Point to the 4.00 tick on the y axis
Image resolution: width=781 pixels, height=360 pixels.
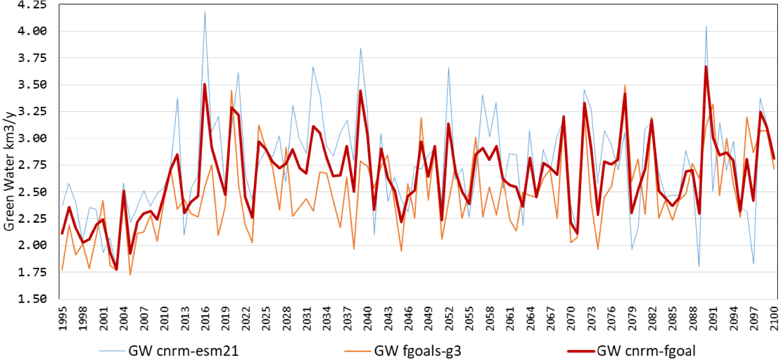[x=32, y=31]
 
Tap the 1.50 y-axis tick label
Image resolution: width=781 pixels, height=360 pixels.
[x=32, y=298]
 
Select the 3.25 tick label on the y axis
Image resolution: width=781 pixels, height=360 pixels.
[x=32, y=111]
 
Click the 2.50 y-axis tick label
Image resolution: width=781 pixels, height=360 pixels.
[x=32, y=192]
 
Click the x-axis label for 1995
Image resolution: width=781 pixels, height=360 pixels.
[x=63, y=318]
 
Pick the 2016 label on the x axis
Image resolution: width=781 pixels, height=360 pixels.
[x=205, y=318]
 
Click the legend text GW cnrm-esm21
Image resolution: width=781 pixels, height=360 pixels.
[x=184, y=350]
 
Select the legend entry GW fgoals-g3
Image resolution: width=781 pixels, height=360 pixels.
[x=417, y=350]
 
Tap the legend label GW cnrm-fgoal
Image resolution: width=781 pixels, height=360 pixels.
[x=646, y=350]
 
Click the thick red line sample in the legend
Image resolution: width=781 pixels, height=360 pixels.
[x=581, y=351]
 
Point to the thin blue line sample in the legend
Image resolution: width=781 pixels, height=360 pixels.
[x=112, y=351]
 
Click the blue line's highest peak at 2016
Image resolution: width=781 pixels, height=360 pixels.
[x=205, y=12]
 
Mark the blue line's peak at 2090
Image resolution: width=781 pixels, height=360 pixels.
[x=706, y=26]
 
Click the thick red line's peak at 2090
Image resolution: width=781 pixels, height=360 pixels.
[x=706, y=66]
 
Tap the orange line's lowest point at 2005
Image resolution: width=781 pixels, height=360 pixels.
[x=130, y=275]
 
